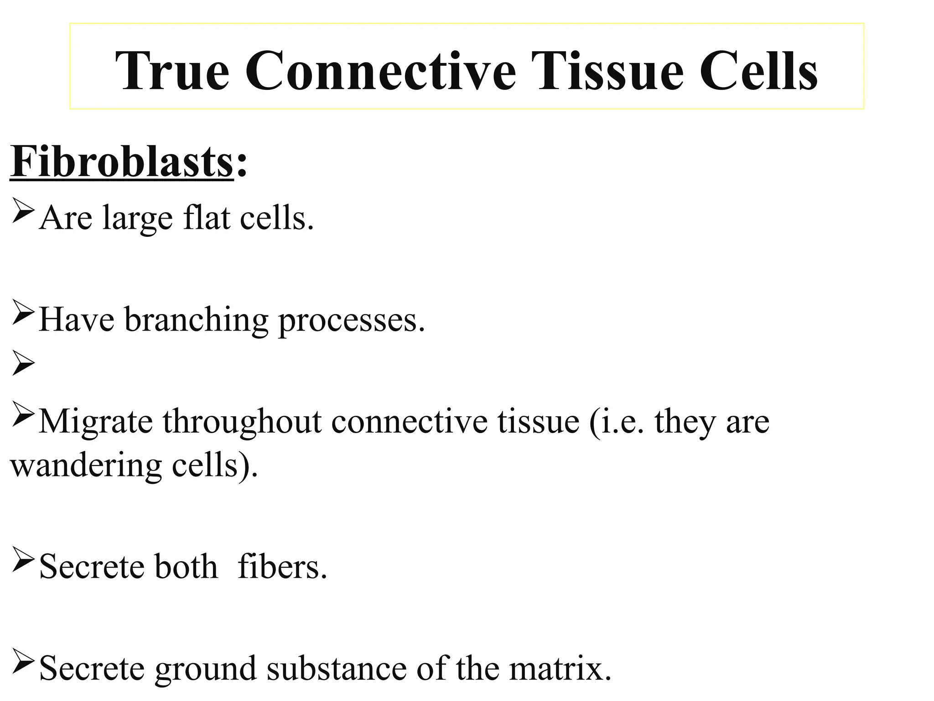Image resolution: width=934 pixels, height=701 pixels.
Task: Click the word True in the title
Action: [172, 71]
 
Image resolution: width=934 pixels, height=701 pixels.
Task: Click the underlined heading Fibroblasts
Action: [122, 162]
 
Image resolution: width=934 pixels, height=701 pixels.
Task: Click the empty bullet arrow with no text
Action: [23, 363]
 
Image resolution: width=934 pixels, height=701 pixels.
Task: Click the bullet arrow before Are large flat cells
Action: [23, 211]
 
